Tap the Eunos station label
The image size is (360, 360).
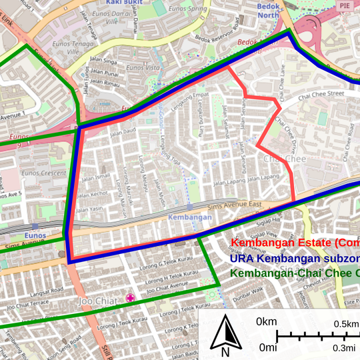pos(35,235)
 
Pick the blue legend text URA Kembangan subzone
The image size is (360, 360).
pos(294,258)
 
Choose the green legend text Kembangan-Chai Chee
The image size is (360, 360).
pos(294,273)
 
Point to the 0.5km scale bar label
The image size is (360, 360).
pos(346,323)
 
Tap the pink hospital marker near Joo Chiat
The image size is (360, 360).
pos(131,298)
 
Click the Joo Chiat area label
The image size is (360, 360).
pos(96,301)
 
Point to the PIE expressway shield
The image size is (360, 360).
pos(345,5)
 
